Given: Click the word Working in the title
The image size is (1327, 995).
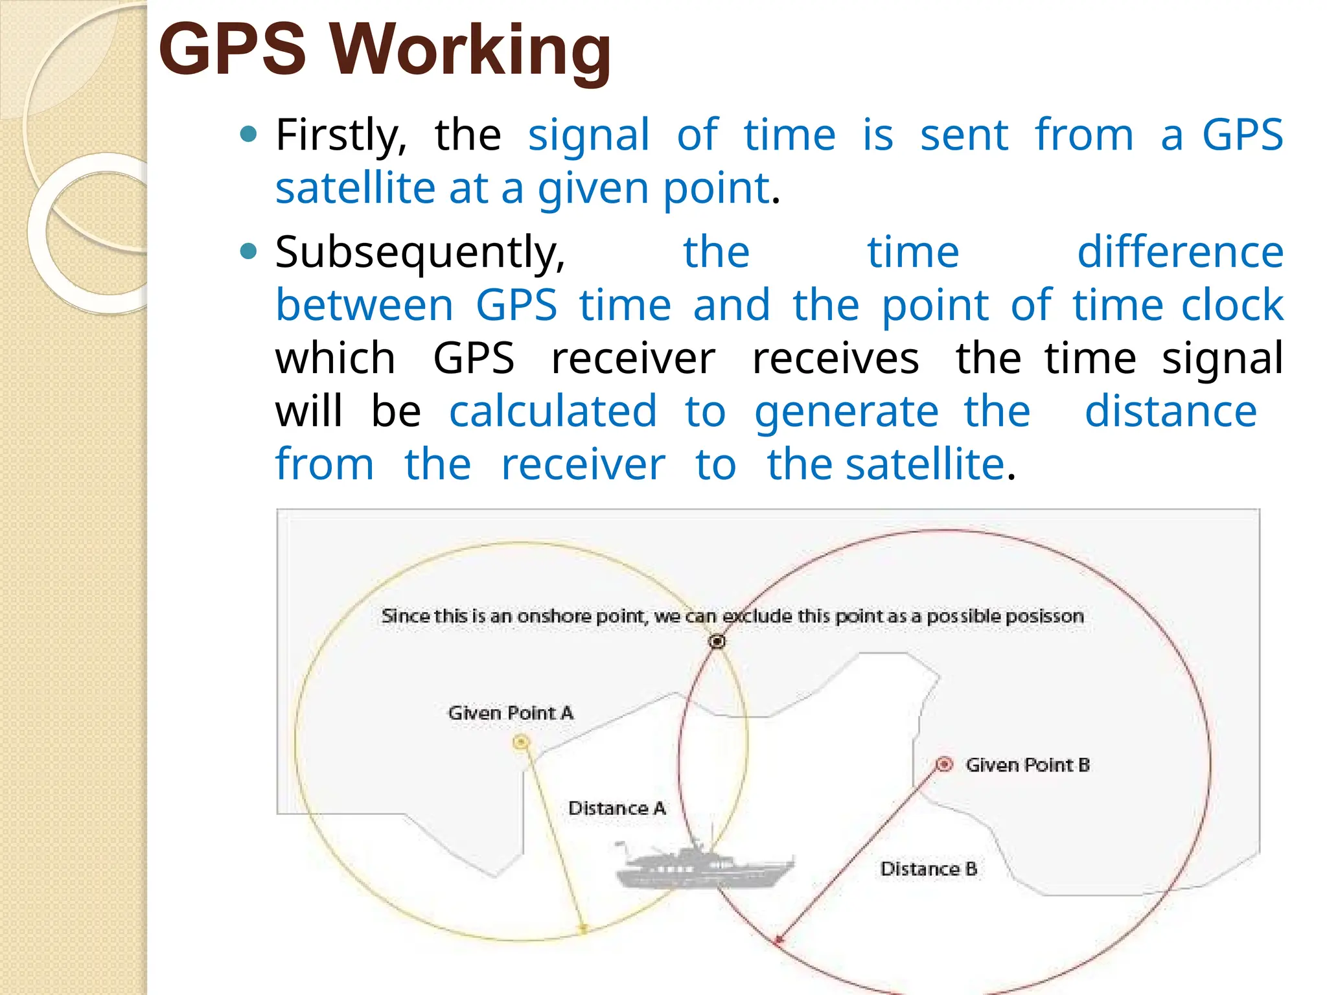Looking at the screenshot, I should click(471, 51).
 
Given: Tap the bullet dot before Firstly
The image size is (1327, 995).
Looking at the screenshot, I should click(248, 135).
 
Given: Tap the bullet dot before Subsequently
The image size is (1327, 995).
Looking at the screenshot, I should click(248, 251).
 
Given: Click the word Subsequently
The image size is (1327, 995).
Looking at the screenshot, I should click(420, 253).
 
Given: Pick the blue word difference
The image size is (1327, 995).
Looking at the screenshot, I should click(1180, 252).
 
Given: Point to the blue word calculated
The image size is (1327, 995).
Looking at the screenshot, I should click(553, 411).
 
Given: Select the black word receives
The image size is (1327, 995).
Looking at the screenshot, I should click(835, 358).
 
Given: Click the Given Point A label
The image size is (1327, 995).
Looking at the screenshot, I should click(511, 713).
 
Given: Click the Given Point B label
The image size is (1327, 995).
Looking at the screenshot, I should click(1028, 765).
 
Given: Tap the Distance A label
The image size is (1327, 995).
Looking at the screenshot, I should click(617, 808).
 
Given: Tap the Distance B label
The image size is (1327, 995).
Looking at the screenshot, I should click(929, 869).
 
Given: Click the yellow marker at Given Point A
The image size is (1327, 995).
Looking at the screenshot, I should click(521, 742).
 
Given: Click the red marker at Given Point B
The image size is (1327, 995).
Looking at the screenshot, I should click(945, 764).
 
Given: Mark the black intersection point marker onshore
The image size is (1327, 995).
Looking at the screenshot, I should click(717, 641).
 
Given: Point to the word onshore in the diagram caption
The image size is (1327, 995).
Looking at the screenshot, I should click(555, 616).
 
